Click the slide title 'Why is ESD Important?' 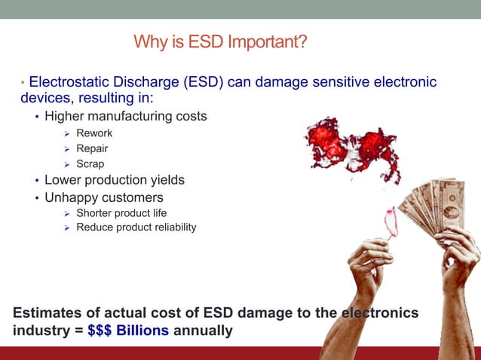click(220, 41)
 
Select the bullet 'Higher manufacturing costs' click(125, 117)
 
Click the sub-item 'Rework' click(94, 133)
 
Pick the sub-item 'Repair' click(92, 148)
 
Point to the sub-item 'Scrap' click(90, 163)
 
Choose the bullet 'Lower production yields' click(114, 181)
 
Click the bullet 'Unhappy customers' click(103, 198)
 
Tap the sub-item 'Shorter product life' click(121, 213)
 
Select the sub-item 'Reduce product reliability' click(136, 227)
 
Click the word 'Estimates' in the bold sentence click(47, 313)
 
